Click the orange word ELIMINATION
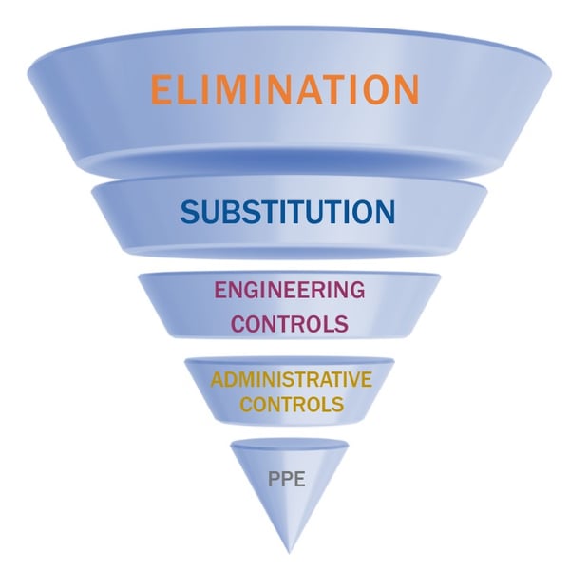(x=284, y=88)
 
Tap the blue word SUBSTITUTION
(x=288, y=211)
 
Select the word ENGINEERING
(x=289, y=290)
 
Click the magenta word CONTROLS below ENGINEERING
(x=289, y=323)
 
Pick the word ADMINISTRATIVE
(x=291, y=380)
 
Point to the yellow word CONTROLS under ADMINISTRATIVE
(x=291, y=404)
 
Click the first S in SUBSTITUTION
(x=190, y=211)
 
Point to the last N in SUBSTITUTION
(x=384, y=211)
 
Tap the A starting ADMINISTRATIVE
(x=217, y=380)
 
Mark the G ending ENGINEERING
(x=355, y=290)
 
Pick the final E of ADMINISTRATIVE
(x=366, y=380)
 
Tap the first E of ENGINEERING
(x=220, y=290)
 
